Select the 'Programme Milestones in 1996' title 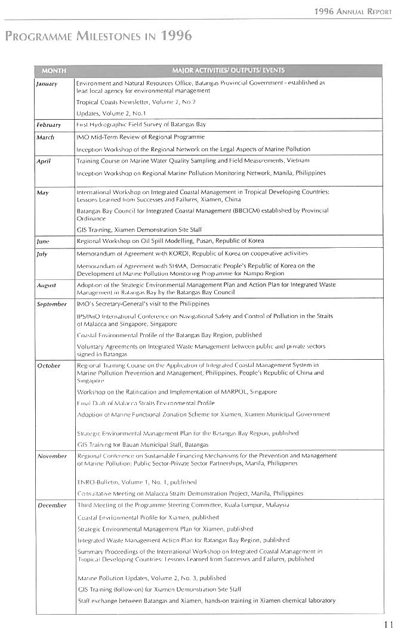[x=98, y=36]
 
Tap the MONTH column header [x=54, y=70]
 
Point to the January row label [x=47, y=83]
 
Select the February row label [x=49, y=125]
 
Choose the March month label [x=45, y=137]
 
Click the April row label [x=44, y=161]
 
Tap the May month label [x=42, y=192]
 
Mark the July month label [x=42, y=253]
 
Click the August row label [x=47, y=285]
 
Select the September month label [x=52, y=304]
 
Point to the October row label [x=49, y=365]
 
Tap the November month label [x=52, y=456]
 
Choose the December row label [x=52, y=505]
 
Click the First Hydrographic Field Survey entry [x=141, y=124]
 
